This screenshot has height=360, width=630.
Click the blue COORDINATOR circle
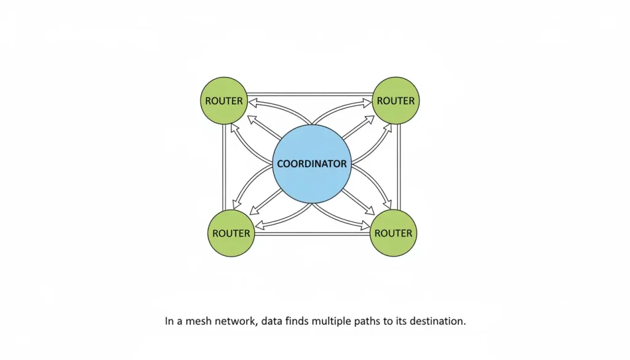[312, 164]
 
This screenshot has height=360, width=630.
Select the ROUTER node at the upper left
[224, 100]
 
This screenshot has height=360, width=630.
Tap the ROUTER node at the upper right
[396, 100]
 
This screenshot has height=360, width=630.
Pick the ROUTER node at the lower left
[231, 233]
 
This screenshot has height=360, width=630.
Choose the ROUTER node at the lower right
[393, 233]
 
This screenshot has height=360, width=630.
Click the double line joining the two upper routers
[310, 94]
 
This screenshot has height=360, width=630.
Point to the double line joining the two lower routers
[313, 233]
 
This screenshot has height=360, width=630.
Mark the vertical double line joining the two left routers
[224, 167]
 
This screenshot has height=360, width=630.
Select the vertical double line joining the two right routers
[399, 167]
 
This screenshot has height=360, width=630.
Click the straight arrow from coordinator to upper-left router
[264, 127]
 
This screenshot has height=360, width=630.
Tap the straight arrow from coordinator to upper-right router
[359, 127]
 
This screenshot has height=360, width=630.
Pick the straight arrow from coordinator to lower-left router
[266, 202]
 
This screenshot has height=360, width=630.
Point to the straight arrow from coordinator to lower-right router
[358, 201]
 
